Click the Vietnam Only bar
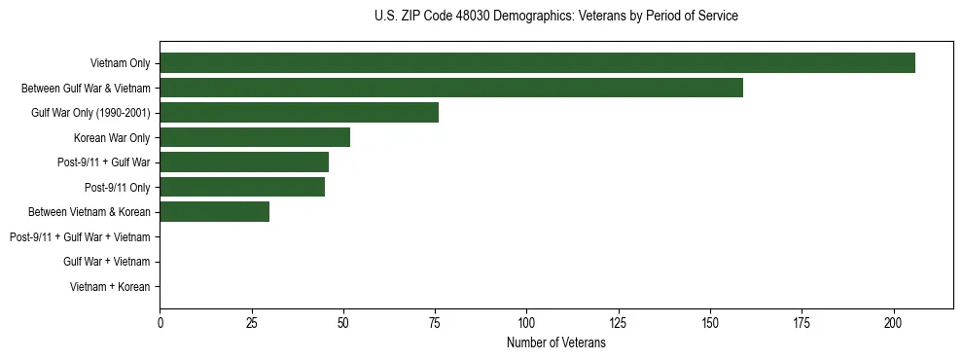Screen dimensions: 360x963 click(537, 63)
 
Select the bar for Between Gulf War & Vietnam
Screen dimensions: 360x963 click(451, 88)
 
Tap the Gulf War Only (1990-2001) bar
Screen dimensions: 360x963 click(300, 113)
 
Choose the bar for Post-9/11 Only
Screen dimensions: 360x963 click(242, 187)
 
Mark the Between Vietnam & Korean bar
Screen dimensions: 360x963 click(215, 212)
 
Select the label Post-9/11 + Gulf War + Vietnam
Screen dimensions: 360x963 click(80, 236)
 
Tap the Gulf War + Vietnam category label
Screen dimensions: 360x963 click(106, 262)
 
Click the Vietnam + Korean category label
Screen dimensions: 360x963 click(110, 287)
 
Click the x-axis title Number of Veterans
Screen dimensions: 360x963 click(555, 343)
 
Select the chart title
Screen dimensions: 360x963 click(555, 17)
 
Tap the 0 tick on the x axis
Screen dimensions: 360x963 click(160, 322)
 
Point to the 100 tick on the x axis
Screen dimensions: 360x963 click(526, 322)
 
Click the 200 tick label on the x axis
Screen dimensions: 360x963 click(893, 322)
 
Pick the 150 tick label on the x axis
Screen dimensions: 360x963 click(710, 322)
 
